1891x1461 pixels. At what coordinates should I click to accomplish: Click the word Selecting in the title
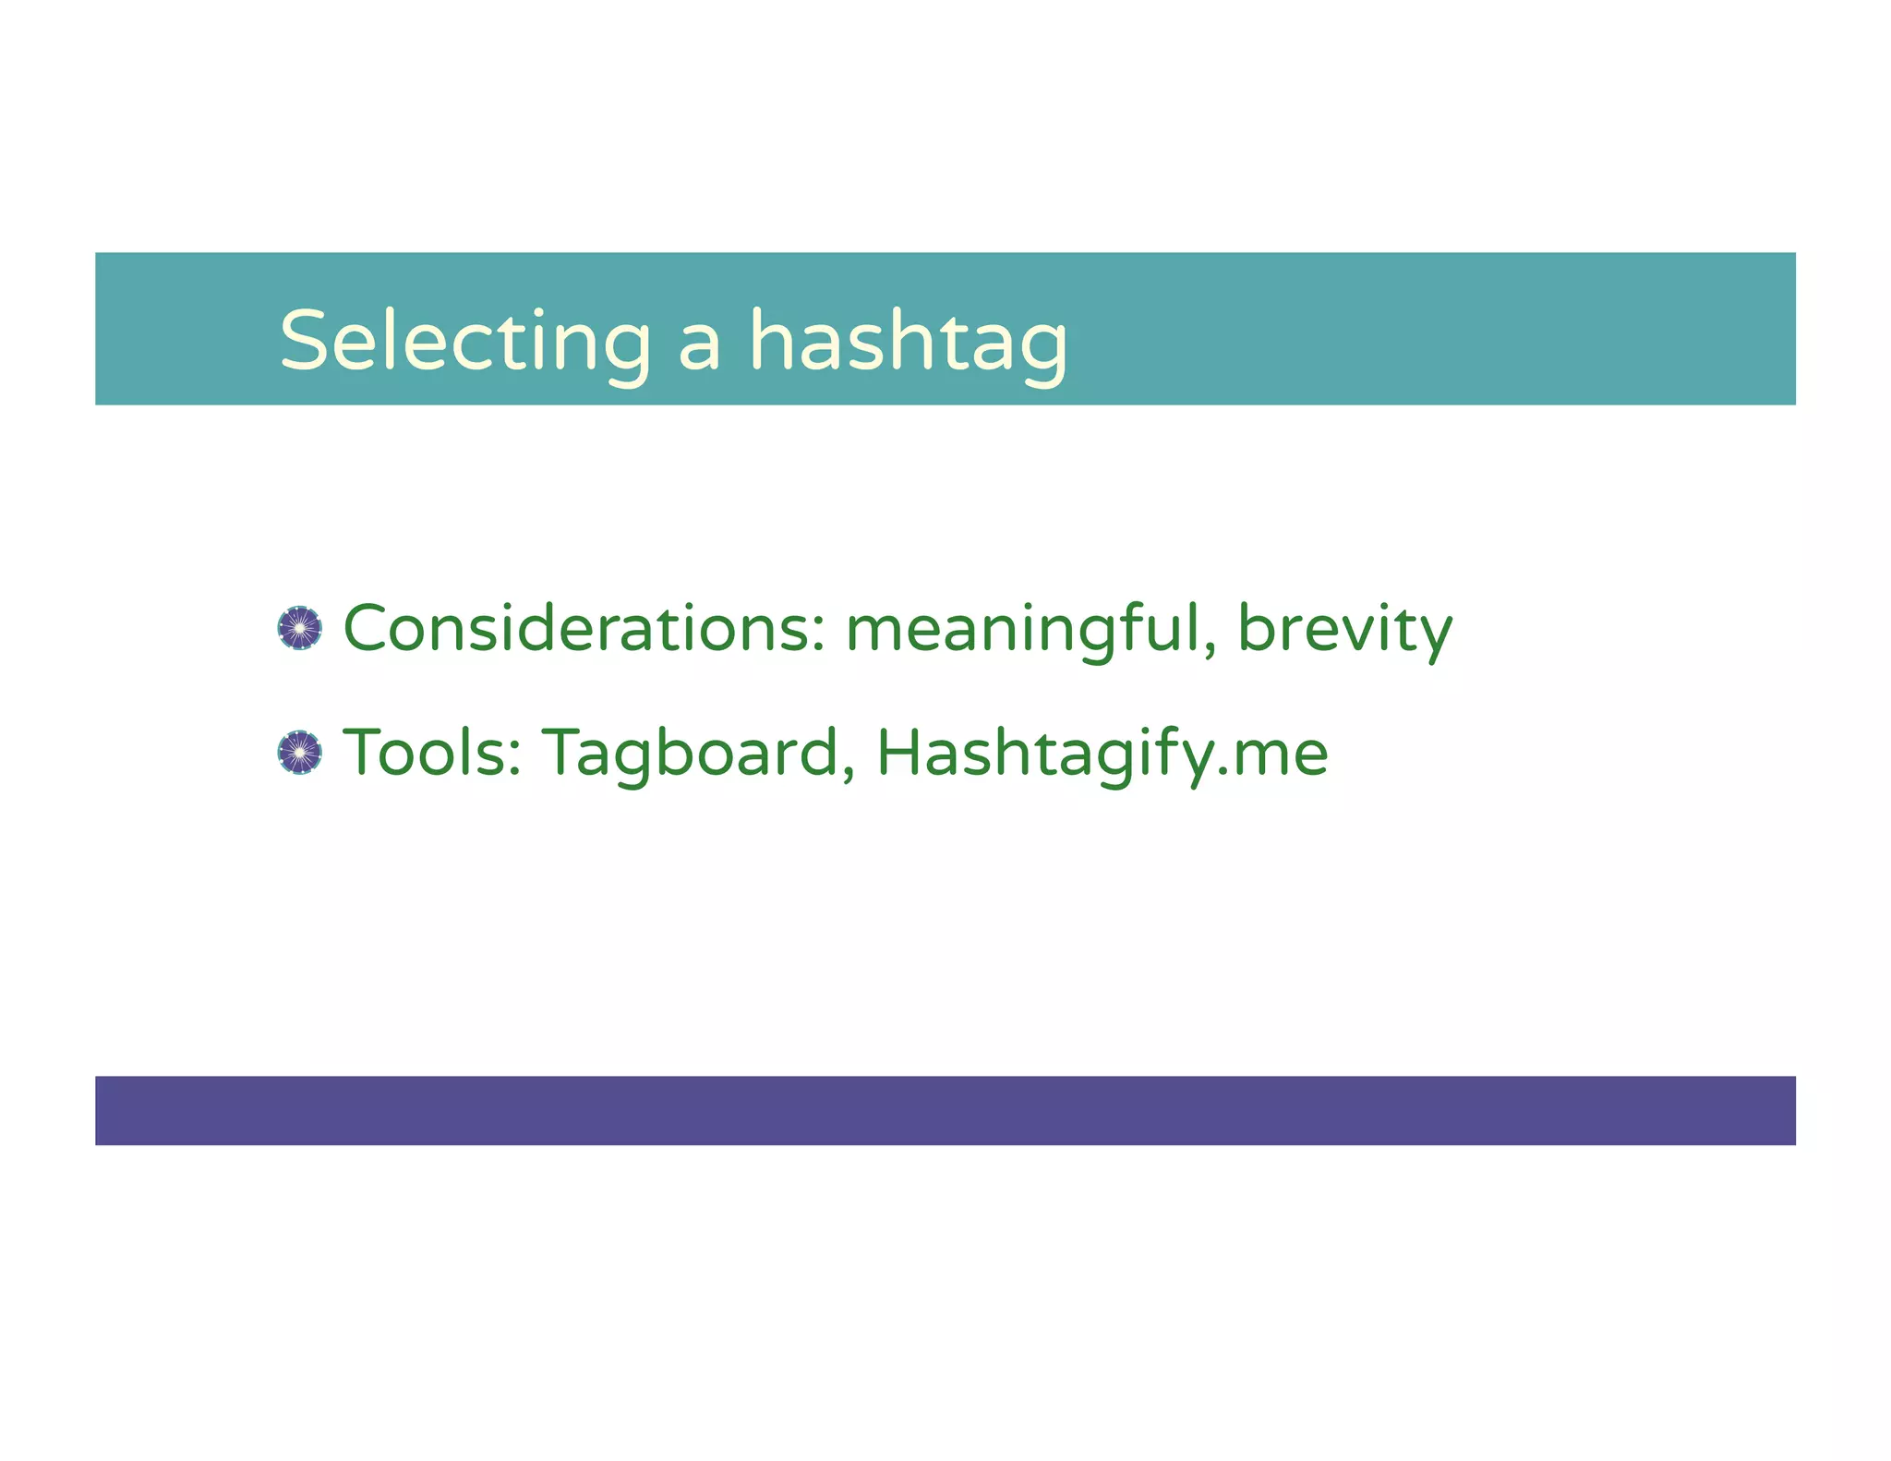[x=465, y=342]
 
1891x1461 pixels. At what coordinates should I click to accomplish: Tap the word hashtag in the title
[x=908, y=342]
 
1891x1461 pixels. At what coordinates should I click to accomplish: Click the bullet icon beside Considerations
[x=299, y=629]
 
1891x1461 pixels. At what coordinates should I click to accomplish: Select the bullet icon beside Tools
[x=299, y=753]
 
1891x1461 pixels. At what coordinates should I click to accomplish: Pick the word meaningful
[x=1023, y=629]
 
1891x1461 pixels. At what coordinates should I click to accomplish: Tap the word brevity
[x=1343, y=629]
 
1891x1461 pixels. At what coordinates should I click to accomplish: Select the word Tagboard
[x=691, y=753]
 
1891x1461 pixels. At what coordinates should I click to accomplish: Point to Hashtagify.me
[x=1101, y=753]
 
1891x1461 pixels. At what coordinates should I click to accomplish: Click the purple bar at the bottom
[x=945, y=1110]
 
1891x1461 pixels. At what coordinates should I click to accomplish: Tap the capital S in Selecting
[x=305, y=342]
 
